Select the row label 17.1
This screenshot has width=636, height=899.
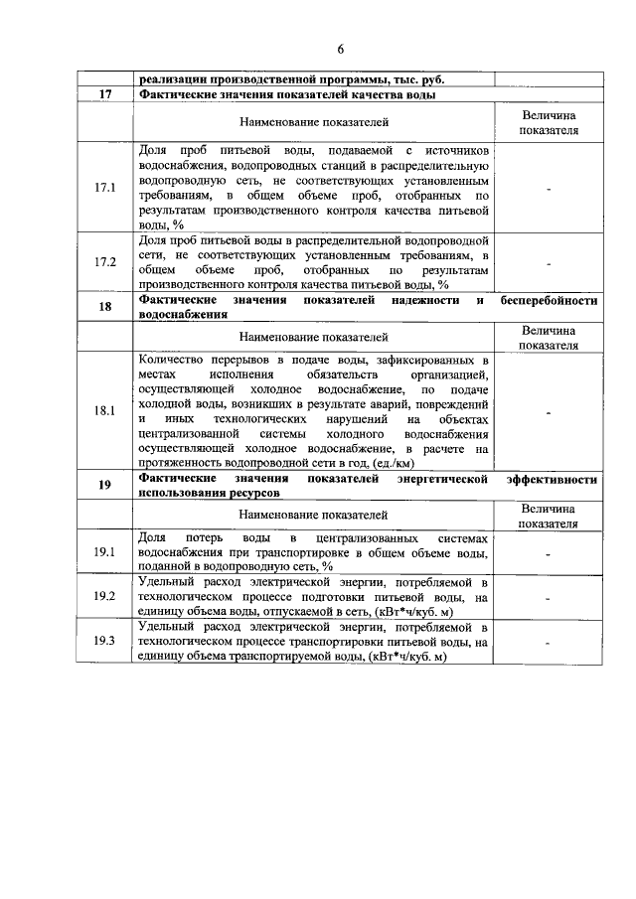[x=104, y=187]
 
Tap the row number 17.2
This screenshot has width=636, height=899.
[x=104, y=262]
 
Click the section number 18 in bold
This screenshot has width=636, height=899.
[x=104, y=306]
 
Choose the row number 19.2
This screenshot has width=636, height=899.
[x=104, y=596]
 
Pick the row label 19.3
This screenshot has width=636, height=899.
[x=104, y=641]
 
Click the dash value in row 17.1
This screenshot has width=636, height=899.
[x=548, y=187]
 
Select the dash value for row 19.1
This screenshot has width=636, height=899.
[x=548, y=552]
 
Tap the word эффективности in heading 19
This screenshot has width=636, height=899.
[x=552, y=479]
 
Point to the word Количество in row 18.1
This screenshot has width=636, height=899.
[x=171, y=359]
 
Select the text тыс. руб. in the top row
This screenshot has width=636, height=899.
[x=417, y=79]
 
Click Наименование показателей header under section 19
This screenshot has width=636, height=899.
[x=314, y=515]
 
